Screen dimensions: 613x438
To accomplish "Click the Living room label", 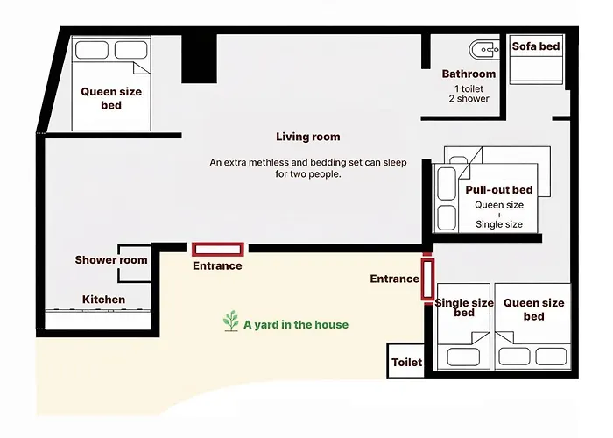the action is point(308,137).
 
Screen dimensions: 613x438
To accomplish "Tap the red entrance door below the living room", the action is point(218,250).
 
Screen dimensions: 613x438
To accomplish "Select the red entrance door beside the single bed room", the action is point(427,279).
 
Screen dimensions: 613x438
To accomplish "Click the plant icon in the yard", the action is point(230,321).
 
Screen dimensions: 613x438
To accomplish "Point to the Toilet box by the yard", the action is point(405,361).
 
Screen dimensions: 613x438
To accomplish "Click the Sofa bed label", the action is point(536,46).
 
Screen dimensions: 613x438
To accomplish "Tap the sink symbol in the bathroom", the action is point(484,50).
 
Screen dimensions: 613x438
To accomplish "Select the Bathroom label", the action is point(469,74).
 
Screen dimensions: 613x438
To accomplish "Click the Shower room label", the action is point(111,259).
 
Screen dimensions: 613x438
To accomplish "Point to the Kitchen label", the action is point(103,300).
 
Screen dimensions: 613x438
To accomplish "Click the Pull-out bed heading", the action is point(499,190).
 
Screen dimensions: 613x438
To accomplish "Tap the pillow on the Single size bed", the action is point(463,357).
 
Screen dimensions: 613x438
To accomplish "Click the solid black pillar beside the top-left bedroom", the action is point(199,59).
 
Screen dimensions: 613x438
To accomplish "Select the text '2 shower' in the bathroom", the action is point(469,98).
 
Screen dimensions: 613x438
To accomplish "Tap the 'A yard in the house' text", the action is point(296,325).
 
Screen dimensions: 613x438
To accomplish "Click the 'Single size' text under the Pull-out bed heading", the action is point(499,224).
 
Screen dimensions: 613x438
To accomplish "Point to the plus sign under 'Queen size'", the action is point(499,215).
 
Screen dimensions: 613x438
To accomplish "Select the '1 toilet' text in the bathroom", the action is point(469,88).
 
